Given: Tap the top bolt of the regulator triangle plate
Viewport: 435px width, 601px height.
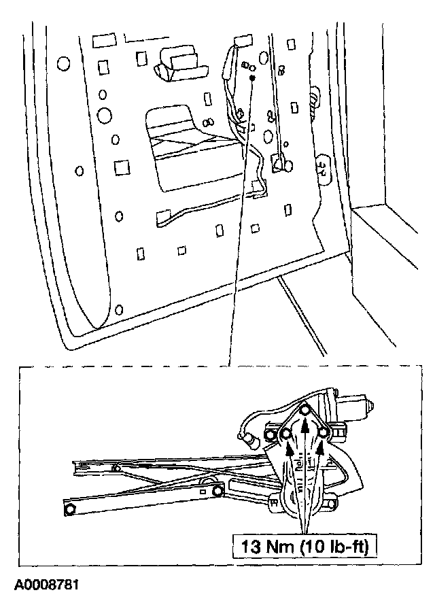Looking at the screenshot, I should tap(305, 410).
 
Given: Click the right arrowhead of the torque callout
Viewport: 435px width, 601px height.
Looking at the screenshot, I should tap(321, 449).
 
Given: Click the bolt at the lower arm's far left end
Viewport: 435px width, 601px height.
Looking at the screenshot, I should tap(70, 508).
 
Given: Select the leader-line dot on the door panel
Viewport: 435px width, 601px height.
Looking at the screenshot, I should tap(252, 79).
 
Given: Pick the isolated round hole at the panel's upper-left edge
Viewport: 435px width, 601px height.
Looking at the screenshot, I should tap(63, 64).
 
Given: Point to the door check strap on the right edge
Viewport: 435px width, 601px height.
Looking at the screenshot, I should tap(324, 164).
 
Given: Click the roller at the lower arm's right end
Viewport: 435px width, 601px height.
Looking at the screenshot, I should tap(217, 491).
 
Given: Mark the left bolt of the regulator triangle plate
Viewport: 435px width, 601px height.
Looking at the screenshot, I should tap(286, 432).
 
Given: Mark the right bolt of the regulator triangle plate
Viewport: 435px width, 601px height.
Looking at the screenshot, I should tap(324, 432).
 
